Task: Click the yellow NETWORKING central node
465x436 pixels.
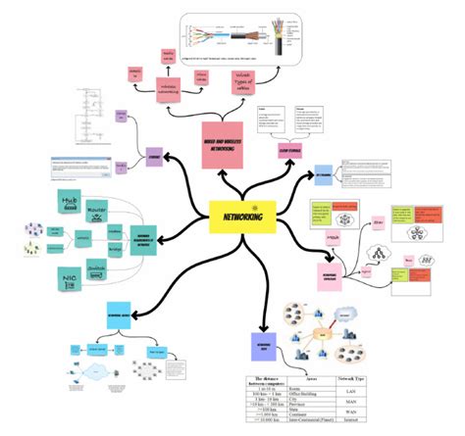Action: [x=240, y=211]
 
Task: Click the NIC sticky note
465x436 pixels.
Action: [x=71, y=281]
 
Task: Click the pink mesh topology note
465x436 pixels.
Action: [x=336, y=238]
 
